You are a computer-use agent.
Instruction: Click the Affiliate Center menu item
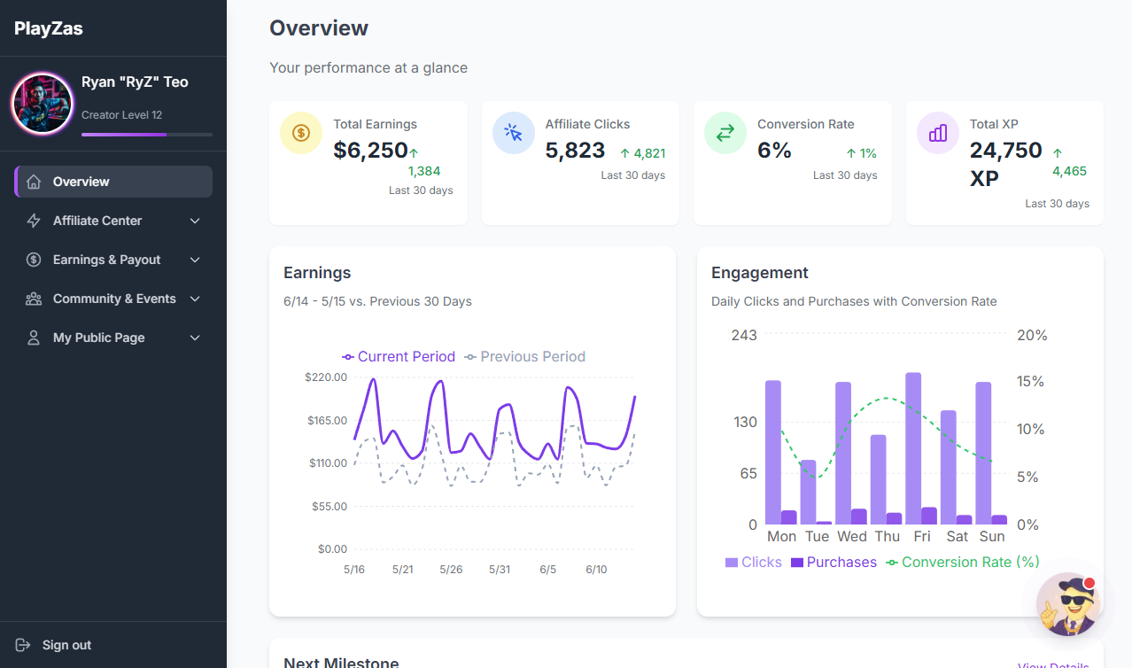click(97, 221)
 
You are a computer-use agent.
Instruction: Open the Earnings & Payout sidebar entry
click(106, 260)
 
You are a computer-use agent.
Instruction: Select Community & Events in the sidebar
click(114, 299)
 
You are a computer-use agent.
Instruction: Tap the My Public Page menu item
click(98, 338)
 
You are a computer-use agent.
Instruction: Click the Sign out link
click(66, 645)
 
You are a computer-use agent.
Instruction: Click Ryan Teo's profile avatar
click(42, 104)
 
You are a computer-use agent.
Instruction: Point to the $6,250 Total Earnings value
click(370, 151)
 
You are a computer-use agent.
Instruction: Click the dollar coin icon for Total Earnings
click(301, 133)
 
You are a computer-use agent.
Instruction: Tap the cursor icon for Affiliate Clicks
click(514, 133)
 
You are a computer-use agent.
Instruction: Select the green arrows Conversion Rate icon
click(725, 133)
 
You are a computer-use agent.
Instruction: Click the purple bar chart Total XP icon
click(938, 133)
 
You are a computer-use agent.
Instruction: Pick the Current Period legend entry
click(399, 357)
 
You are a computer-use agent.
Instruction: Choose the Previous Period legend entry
click(525, 357)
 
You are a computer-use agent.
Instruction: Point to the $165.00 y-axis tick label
click(327, 421)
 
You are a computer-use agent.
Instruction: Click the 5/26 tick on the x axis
click(451, 569)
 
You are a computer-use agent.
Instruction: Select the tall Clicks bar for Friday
click(913, 448)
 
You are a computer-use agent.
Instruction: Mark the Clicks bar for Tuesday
click(808, 492)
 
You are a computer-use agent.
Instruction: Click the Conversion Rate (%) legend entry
click(963, 563)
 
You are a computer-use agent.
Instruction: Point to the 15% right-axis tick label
click(1031, 382)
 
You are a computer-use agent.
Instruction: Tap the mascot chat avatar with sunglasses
click(1069, 605)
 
